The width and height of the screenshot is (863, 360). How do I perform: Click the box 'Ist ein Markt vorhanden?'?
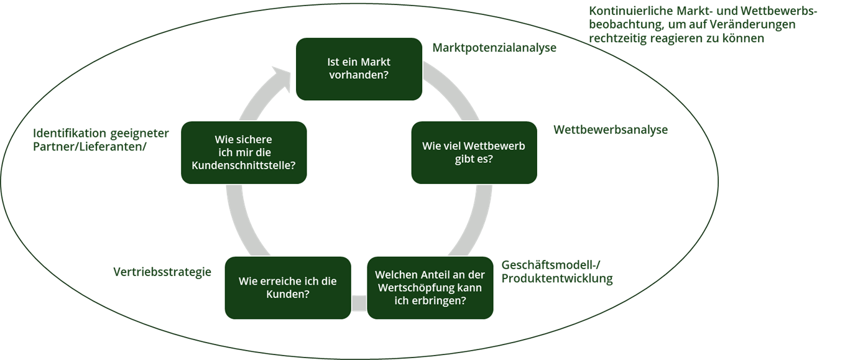click(358, 69)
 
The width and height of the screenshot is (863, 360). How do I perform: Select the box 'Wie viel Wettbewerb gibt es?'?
click(474, 152)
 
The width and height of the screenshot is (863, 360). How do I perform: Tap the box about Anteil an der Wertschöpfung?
click(430, 287)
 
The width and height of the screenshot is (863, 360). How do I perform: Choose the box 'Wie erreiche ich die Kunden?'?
click(287, 287)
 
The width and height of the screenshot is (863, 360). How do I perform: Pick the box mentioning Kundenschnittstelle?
click(244, 152)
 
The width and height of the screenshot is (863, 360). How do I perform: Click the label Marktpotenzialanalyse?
click(494, 48)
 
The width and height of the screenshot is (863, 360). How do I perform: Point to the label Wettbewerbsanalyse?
click(611, 130)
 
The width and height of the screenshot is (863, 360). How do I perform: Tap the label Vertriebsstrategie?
click(162, 272)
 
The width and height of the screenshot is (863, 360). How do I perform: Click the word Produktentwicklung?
click(556, 278)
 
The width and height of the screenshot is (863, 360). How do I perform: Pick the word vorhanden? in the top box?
click(359, 76)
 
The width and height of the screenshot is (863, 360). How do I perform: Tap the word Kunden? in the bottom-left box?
click(287, 294)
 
